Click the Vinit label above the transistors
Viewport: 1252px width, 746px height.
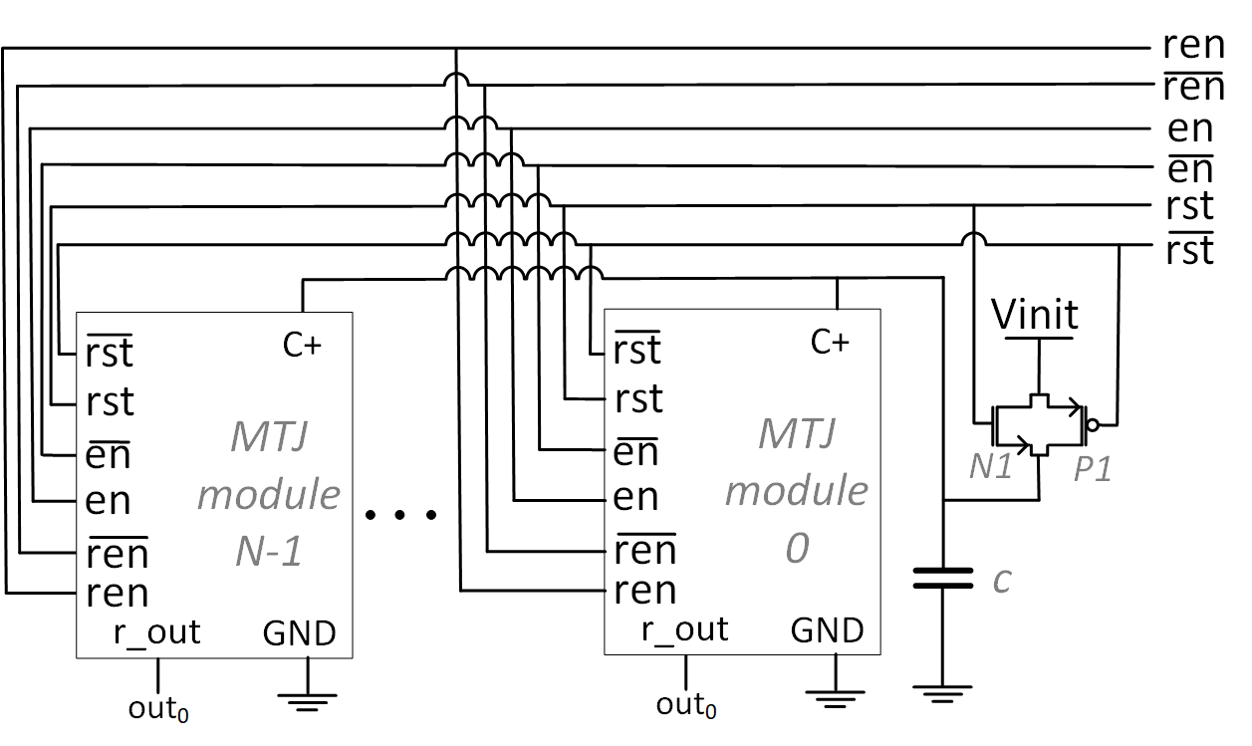[1036, 316]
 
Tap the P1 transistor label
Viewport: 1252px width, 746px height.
[1092, 468]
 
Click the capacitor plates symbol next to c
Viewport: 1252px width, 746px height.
[942, 578]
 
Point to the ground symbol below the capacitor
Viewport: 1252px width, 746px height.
[942, 692]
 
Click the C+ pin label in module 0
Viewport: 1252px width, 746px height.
[830, 342]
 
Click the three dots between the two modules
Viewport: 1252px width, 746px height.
[400, 515]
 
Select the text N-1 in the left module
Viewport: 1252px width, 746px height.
[268, 549]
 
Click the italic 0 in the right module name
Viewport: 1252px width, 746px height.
[797, 549]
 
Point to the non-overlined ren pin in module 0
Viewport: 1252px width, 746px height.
[645, 591]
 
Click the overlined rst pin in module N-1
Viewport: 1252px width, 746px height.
[110, 352]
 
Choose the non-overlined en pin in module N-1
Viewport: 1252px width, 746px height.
[108, 500]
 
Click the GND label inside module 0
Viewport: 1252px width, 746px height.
[827, 631]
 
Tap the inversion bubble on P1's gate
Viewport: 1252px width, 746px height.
[1093, 425]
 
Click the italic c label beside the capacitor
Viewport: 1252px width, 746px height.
[1002, 579]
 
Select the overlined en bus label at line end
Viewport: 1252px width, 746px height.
[1190, 168]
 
